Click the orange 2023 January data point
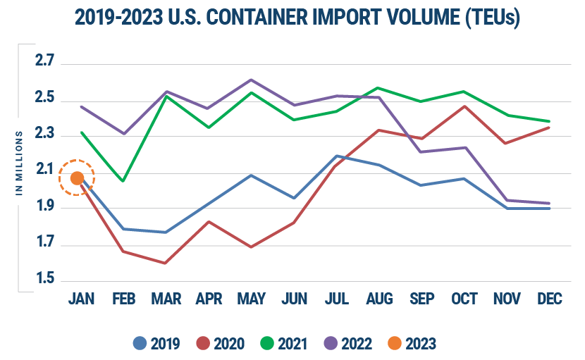[78, 178]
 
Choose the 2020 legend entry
[221, 344]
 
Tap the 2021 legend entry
[285, 344]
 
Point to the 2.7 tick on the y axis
[45, 63]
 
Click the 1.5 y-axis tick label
[45, 280]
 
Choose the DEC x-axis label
[549, 299]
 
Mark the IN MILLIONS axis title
[20, 163]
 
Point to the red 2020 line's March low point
[164, 263]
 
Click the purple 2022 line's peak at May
[251, 80]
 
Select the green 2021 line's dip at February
[123, 181]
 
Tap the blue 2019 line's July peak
[338, 156]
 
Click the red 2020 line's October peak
[464, 106]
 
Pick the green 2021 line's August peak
[378, 88]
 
